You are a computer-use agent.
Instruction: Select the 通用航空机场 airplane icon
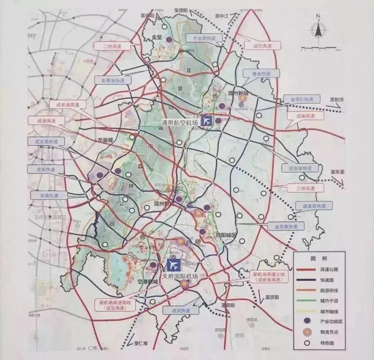[x=206, y=121]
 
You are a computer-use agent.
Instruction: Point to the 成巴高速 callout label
[x=262, y=46]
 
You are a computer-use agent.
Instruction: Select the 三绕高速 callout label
[x=305, y=188]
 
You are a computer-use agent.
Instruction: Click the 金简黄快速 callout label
[x=286, y=226]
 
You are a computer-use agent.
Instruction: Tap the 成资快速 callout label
[x=181, y=310]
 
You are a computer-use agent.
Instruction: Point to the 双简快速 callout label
[x=49, y=195]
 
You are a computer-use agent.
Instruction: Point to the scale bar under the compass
[x=318, y=47]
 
